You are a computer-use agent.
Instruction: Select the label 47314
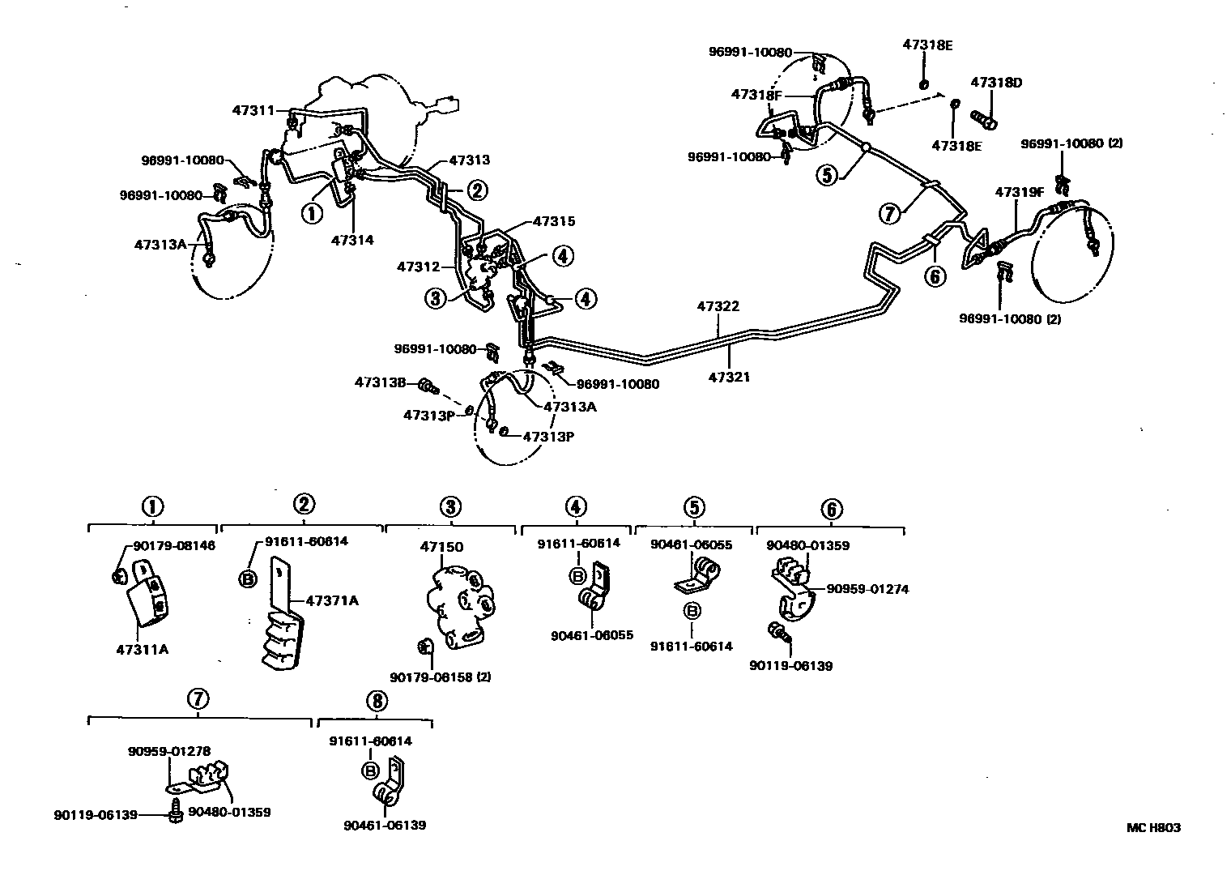352,240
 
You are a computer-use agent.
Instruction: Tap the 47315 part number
554,221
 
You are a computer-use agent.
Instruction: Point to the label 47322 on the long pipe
718,307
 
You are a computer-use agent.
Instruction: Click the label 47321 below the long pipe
730,377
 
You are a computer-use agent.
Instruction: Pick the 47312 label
418,266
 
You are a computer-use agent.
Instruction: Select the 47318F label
756,94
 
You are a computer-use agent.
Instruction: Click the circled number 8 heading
376,701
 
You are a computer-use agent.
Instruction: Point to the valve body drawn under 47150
459,606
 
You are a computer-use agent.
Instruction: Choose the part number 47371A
332,600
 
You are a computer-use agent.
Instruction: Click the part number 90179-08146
174,546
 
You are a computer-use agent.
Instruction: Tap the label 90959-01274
867,589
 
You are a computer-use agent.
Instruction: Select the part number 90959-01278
168,751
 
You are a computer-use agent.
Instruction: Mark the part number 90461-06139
385,825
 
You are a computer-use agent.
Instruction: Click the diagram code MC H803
1152,827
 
